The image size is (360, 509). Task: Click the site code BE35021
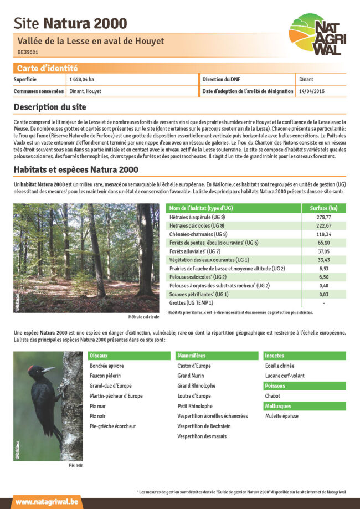(x=27, y=53)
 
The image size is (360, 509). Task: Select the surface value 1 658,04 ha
(x=81, y=80)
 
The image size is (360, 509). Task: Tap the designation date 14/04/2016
(x=312, y=91)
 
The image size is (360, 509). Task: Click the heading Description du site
(x=50, y=106)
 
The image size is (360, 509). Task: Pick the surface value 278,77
(x=323, y=217)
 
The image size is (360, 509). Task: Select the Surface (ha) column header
(x=323, y=208)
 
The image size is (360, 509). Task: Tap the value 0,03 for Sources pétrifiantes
(x=323, y=294)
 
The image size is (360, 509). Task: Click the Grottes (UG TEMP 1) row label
(x=191, y=303)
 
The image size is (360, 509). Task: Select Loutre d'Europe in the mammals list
(x=194, y=396)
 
